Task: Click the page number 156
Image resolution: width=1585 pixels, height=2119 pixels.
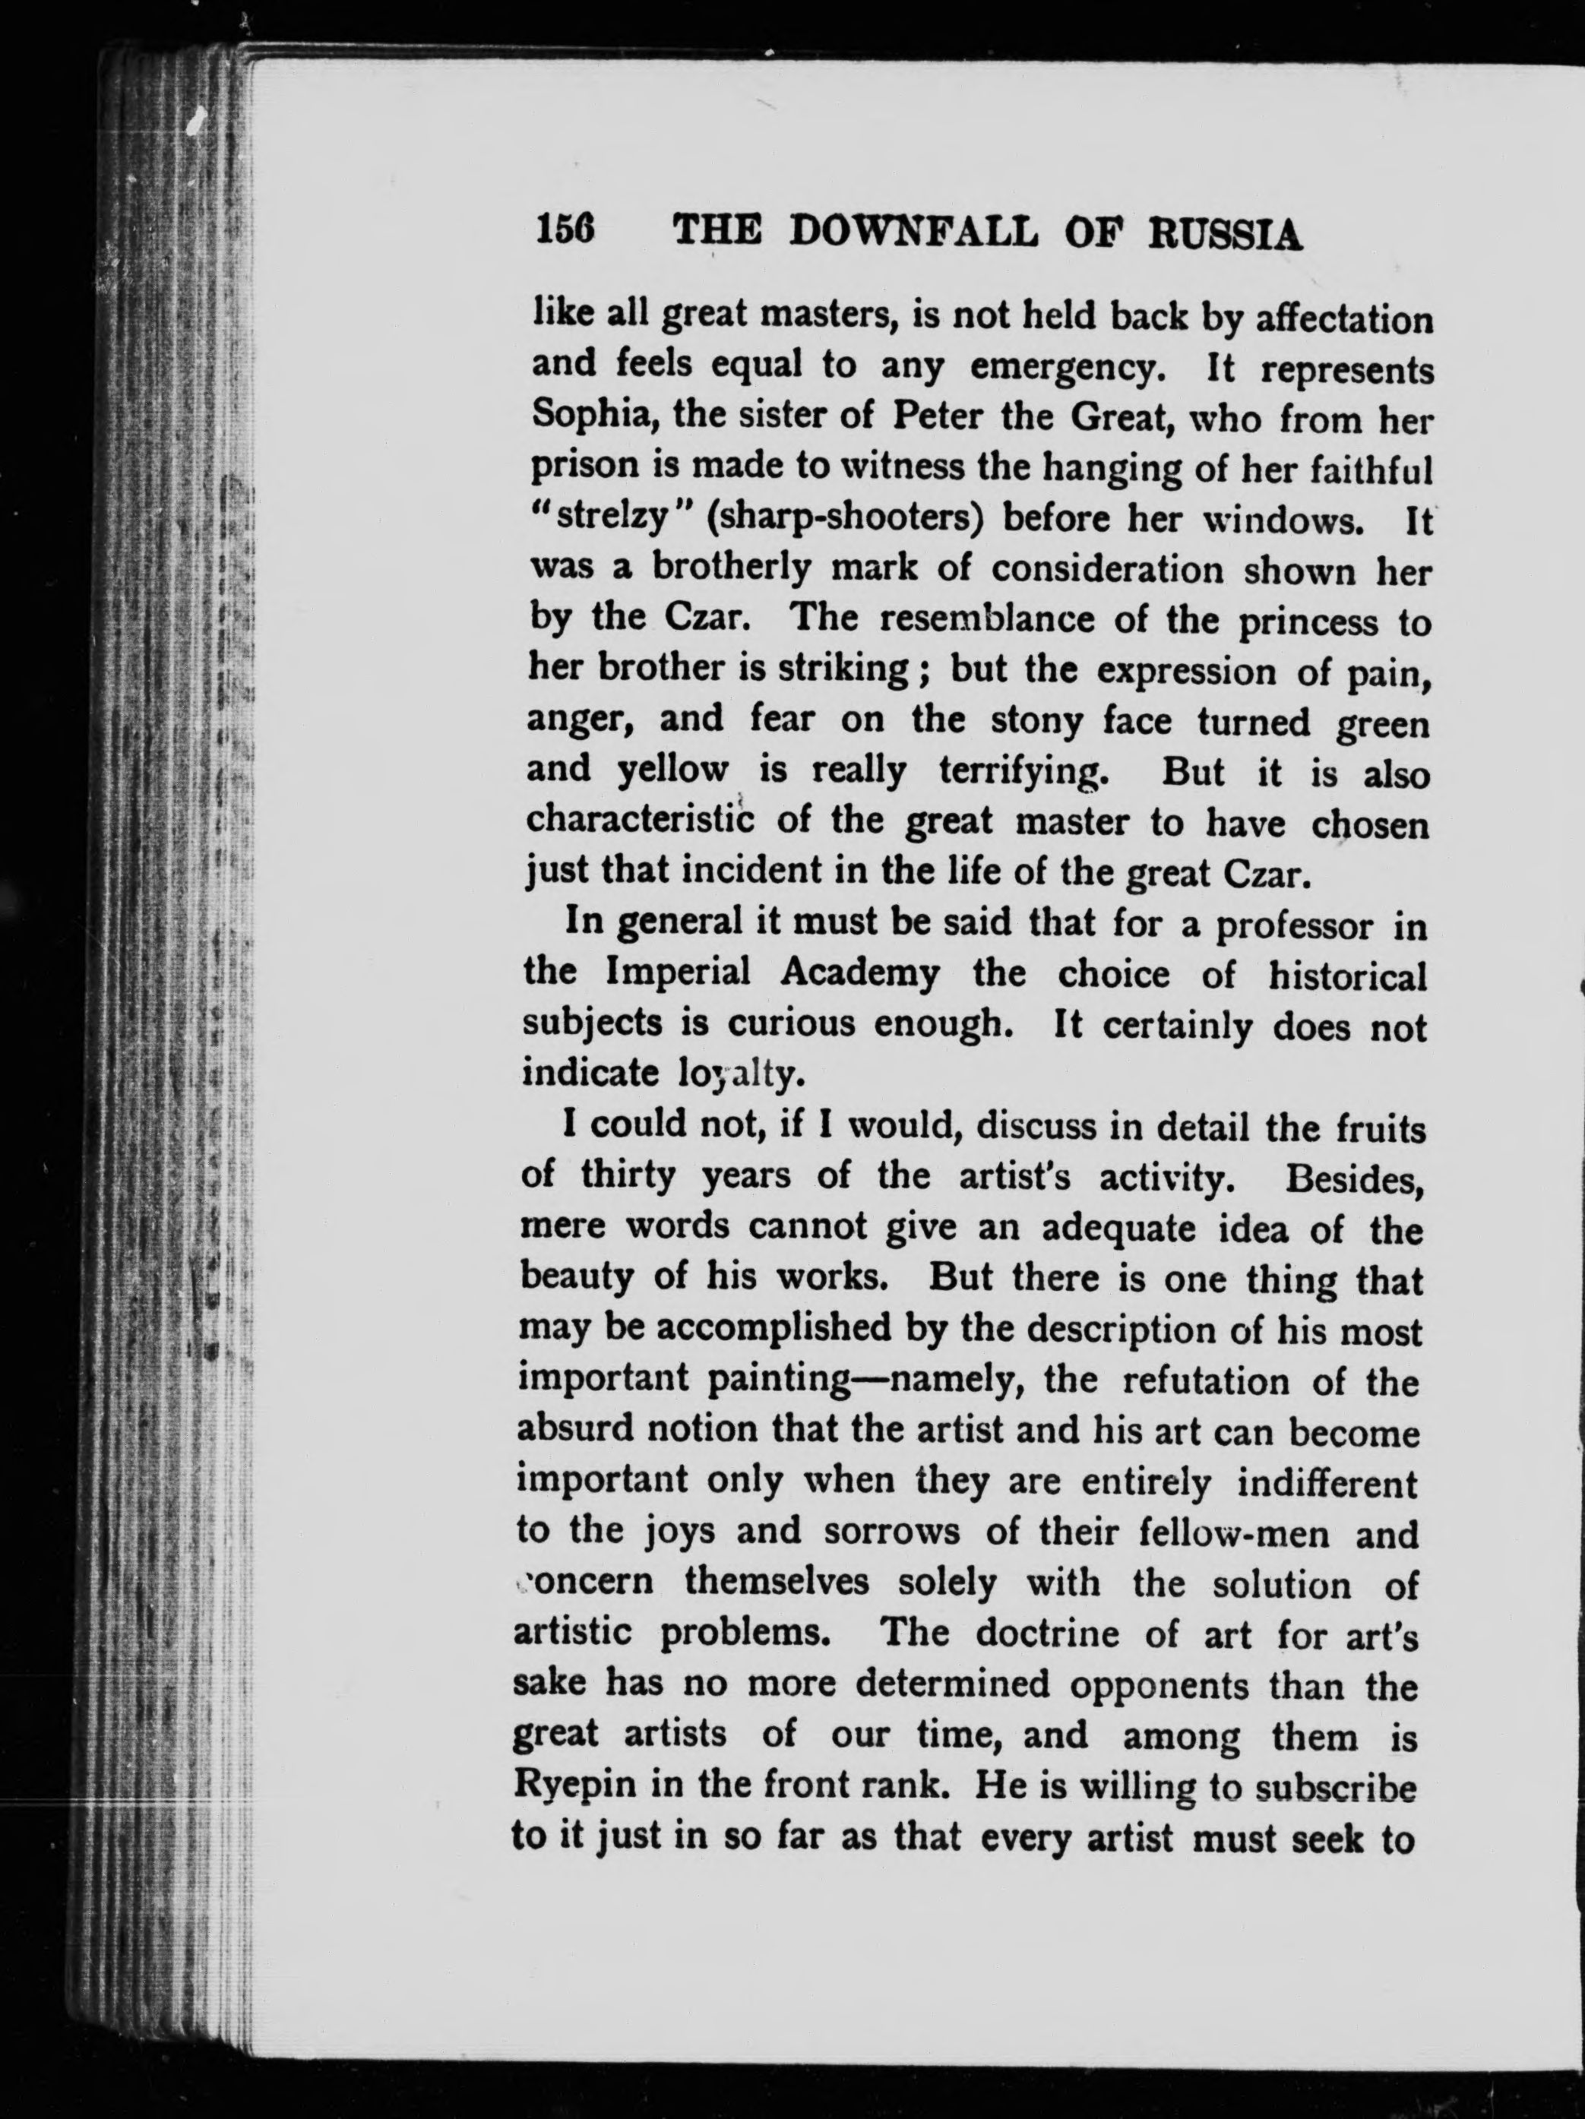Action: coord(565,232)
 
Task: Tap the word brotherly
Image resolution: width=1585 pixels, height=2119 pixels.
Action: coord(731,568)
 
